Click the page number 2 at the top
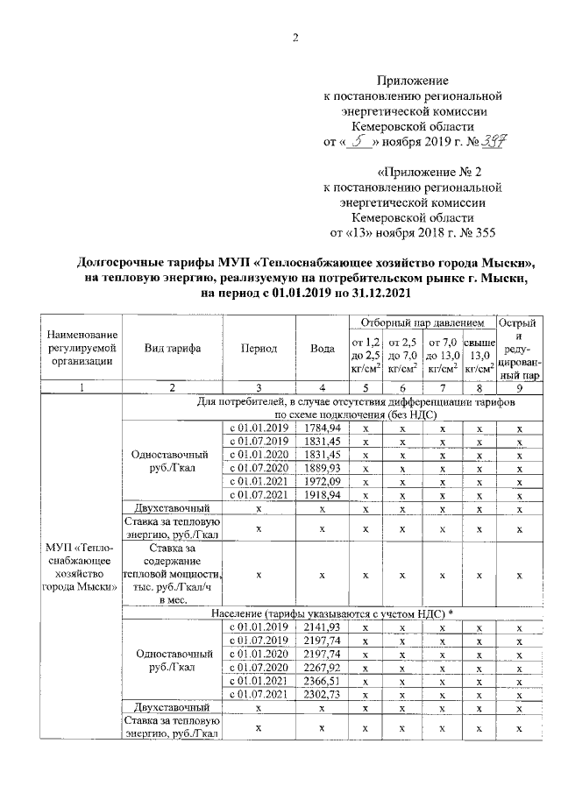[x=295, y=38]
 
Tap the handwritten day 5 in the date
[x=357, y=141]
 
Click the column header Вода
[x=323, y=348]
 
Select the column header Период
[x=259, y=348]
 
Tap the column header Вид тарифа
[x=173, y=348]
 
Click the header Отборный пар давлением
[x=422, y=323]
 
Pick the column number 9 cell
[x=520, y=387]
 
